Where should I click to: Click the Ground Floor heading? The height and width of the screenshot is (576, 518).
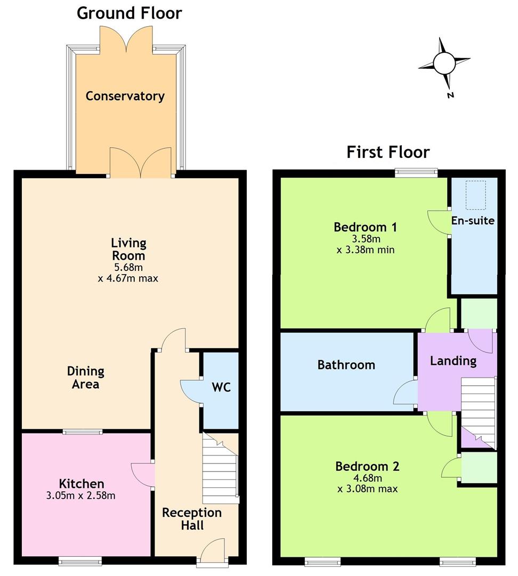[129, 13]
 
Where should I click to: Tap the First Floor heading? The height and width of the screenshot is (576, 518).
[388, 152]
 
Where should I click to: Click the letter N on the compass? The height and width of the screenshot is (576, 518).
[450, 95]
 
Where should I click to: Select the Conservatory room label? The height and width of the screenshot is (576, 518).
[125, 96]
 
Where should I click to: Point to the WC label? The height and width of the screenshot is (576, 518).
[221, 387]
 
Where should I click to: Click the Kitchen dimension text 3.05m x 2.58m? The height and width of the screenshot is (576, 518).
[81, 495]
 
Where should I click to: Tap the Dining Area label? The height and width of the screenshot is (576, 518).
[86, 378]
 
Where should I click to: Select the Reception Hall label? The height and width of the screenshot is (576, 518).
[192, 519]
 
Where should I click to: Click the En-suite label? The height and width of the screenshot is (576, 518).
[473, 220]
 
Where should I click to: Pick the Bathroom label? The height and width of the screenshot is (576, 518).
[346, 365]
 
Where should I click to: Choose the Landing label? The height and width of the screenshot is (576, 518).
[454, 361]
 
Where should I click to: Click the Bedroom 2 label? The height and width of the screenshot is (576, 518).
[367, 466]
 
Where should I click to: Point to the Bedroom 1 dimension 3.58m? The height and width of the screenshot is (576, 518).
[366, 239]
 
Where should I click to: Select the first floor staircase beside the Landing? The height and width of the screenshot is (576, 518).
[479, 413]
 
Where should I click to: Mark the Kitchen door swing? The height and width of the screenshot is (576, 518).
[143, 475]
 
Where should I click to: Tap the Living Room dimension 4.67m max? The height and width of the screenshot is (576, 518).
[128, 278]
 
